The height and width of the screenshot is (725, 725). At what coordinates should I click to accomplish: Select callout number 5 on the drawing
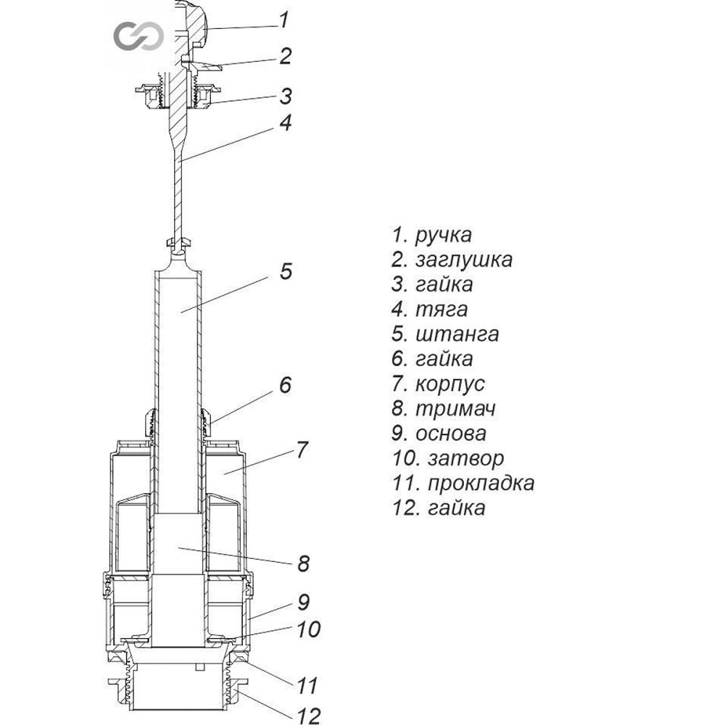point(285,272)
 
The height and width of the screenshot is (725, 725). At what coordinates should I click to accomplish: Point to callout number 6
point(285,384)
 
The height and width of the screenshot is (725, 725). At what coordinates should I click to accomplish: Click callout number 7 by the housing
point(302,449)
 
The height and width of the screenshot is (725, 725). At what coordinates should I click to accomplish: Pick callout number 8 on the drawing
point(303,563)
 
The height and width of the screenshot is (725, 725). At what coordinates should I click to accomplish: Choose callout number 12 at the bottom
point(308,717)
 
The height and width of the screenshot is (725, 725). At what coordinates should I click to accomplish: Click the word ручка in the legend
point(443,235)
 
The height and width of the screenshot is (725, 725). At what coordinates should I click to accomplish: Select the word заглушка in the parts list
point(464,260)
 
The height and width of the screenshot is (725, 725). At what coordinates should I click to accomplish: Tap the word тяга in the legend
point(441,310)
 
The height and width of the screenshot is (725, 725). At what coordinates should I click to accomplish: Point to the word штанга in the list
point(457,334)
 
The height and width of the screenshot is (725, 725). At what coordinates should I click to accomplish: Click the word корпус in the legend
point(450,384)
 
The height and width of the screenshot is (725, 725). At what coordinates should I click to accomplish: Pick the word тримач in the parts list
point(455,409)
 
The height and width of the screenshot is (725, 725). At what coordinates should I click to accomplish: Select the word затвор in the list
point(465,458)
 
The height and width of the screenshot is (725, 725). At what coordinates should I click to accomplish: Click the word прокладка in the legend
point(481,483)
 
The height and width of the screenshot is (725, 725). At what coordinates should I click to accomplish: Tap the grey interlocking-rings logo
point(135,35)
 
